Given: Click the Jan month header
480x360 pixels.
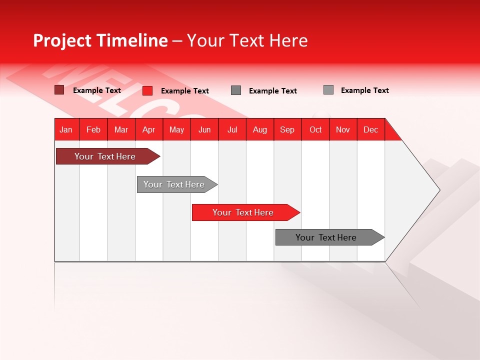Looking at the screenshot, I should tap(66, 129).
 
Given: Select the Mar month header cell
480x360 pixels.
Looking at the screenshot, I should tap(121, 129).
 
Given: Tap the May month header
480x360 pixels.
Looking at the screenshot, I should tap(176, 129).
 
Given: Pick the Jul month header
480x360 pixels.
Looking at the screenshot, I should tap(232, 129).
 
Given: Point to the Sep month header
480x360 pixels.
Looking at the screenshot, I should tap(287, 129).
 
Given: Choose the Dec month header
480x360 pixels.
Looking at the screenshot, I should tap(370, 129).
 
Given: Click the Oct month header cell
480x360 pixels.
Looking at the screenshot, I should tap(315, 129).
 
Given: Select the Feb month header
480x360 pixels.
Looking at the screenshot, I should tap(93, 129).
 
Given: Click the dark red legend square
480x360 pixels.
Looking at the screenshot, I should tap(59, 90).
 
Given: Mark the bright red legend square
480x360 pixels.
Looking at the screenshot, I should tap(147, 90).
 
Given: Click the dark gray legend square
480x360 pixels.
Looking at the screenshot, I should tap(236, 90).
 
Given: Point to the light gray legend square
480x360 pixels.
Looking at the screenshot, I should tap(328, 90).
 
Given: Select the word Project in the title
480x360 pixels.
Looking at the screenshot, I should tap(62, 40).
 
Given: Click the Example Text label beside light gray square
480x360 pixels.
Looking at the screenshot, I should tap(364, 90).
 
